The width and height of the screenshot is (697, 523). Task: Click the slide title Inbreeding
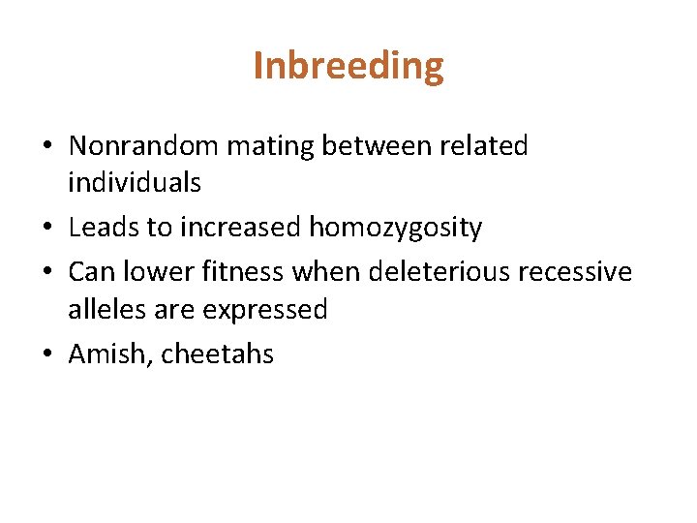point(348,67)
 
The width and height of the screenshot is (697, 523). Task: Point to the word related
point(483,146)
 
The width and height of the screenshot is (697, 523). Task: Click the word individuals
point(135,181)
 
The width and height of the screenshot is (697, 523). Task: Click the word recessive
point(575,271)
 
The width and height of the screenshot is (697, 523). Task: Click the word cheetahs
point(218,354)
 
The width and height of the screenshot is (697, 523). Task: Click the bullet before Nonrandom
point(46,147)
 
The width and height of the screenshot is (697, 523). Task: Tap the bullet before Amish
point(46,354)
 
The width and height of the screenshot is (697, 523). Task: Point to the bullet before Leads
point(46,229)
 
